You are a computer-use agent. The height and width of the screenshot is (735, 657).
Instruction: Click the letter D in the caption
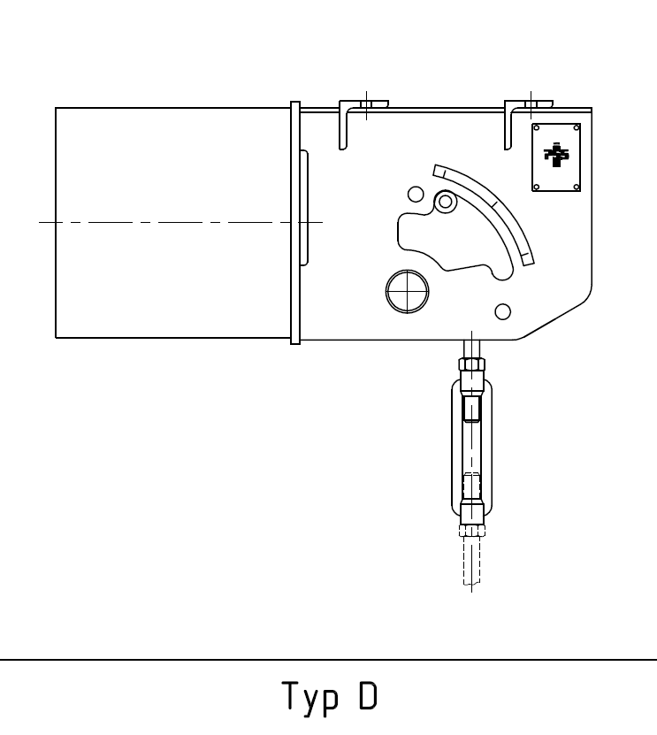[367, 696]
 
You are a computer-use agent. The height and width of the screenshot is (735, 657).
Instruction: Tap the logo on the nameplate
[556, 156]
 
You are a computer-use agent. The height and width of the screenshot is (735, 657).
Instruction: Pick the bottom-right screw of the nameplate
[576, 186]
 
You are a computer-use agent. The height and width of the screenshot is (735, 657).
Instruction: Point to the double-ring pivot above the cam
[446, 203]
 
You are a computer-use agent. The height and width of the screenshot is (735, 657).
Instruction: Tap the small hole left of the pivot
[414, 194]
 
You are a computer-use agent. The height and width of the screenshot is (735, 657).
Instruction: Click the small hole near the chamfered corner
[503, 310]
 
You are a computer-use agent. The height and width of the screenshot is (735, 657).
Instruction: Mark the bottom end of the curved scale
[528, 258]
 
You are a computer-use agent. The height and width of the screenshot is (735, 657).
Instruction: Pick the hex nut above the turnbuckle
[471, 365]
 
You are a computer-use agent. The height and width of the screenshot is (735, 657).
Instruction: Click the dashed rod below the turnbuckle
[471, 562]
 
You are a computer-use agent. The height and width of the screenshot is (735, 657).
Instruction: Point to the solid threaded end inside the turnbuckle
[471, 409]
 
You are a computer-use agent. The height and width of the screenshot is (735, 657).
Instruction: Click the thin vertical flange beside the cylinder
[296, 221]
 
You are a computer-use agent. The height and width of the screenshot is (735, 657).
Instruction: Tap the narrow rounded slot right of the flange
[304, 208]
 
